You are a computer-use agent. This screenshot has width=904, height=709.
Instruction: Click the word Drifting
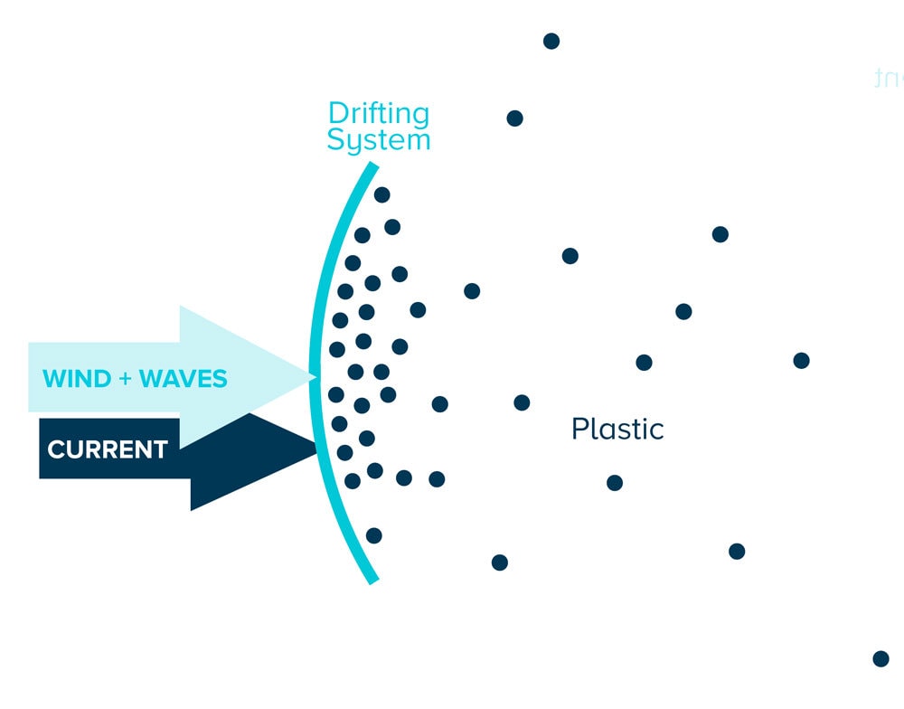pos(379,115)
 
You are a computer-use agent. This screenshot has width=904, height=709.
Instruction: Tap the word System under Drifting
pos(379,140)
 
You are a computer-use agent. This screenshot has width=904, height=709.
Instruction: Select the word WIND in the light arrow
pos(76,378)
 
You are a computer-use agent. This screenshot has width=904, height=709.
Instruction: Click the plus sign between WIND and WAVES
pos(125,378)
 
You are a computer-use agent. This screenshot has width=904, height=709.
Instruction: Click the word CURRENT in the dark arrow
pos(108,449)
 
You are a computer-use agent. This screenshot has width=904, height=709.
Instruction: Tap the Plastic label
pos(617,429)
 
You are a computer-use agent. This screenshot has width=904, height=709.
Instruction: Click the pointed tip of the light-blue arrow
pos(314,374)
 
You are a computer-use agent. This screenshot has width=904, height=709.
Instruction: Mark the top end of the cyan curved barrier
pos(372,165)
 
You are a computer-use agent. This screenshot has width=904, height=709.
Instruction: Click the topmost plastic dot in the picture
pos(551,41)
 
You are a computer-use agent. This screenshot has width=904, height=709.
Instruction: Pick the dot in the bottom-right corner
pos(880,658)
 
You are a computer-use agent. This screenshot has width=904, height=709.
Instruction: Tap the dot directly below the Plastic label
pos(615,483)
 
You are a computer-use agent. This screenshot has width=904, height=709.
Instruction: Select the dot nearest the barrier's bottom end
pos(373,535)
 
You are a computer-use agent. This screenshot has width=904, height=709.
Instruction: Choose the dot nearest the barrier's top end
pos(381,194)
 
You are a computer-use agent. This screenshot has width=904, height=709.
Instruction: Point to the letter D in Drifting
pos(337,115)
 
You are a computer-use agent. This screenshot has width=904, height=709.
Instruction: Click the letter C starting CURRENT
pos(55,449)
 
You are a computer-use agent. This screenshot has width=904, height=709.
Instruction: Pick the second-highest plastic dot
pos(514,118)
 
